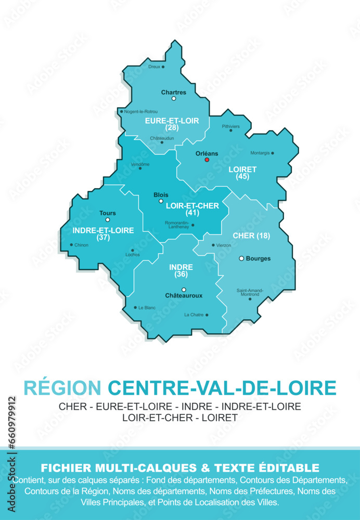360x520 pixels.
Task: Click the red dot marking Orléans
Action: click(207, 160)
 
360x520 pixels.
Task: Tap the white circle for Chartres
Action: click(174, 98)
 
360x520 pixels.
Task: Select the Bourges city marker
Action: click(241, 258)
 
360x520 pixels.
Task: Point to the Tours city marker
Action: click(108, 220)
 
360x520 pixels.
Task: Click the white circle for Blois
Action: click(161, 201)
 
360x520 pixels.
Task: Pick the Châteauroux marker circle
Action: click(184, 290)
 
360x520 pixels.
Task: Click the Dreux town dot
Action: click(163, 67)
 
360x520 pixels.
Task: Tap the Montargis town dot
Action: click(273, 153)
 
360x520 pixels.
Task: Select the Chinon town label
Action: click(82, 245)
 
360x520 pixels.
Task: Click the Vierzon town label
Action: click(224, 245)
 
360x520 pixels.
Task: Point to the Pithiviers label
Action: click(231, 126)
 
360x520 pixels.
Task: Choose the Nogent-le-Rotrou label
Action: click(141, 112)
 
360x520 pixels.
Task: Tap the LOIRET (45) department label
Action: click(242, 173)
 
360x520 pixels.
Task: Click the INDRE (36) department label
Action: click(181, 270)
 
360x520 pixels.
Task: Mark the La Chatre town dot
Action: click(207, 315)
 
